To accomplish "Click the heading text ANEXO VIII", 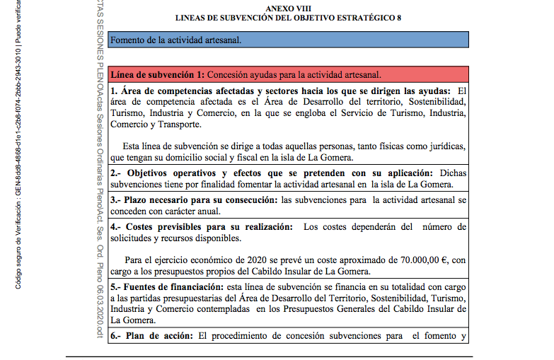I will [x=286, y=7].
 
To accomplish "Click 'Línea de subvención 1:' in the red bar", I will [x=159, y=74].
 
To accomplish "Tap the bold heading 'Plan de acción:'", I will [x=158, y=336].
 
